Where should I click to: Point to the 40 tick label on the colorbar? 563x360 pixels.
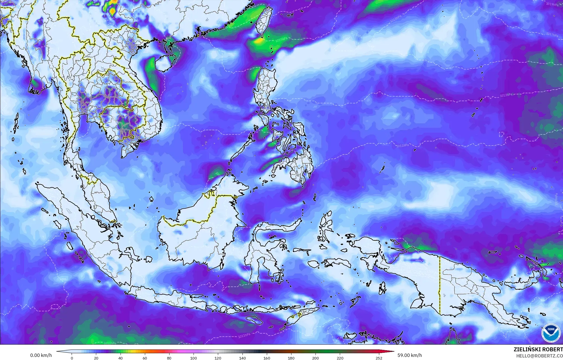pyautogui.click(x=121, y=358)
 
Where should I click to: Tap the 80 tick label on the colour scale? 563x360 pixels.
pyautogui.click(x=169, y=358)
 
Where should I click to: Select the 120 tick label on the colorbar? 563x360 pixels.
pyautogui.click(x=218, y=358)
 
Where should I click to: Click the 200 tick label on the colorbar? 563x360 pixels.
pyautogui.click(x=315, y=358)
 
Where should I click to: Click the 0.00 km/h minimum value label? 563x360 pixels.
pyautogui.click(x=41, y=355)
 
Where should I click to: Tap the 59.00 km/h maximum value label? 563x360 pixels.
pyautogui.click(x=409, y=355)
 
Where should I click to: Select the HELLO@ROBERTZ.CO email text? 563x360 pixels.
pyautogui.click(x=539, y=356)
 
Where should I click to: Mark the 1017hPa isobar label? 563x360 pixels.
pyautogui.click(x=552, y=34)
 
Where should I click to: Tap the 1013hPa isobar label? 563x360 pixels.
pyautogui.click(x=506, y=95)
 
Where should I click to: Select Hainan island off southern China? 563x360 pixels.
pyautogui.click(x=165, y=63)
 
